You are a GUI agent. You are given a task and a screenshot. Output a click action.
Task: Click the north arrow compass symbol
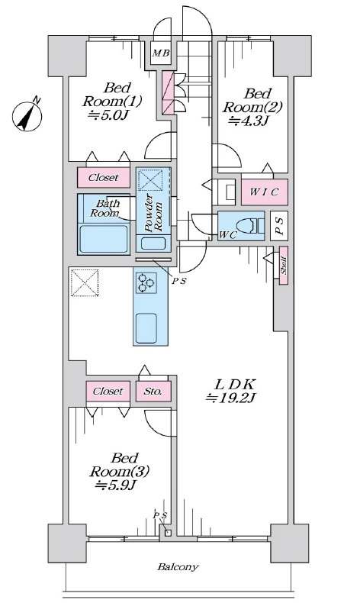point(29,114)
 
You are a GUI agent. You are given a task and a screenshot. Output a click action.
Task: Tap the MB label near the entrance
point(160,53)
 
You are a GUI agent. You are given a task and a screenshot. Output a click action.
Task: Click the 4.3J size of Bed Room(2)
point(247,119)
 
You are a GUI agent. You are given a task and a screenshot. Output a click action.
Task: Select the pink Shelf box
point(283,266)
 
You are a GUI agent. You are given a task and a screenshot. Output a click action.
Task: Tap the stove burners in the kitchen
point(146,284)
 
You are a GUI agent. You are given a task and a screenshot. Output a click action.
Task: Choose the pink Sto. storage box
point(153,392)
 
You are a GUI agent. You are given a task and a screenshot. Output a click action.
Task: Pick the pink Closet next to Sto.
point(108,392)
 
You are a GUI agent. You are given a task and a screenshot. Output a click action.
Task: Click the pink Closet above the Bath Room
point(103,178)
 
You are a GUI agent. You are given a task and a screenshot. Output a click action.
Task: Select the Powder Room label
point(154,210)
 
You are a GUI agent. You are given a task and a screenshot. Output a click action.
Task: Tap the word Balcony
point(178,567)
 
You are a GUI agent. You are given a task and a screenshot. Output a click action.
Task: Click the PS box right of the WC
point(279,226)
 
